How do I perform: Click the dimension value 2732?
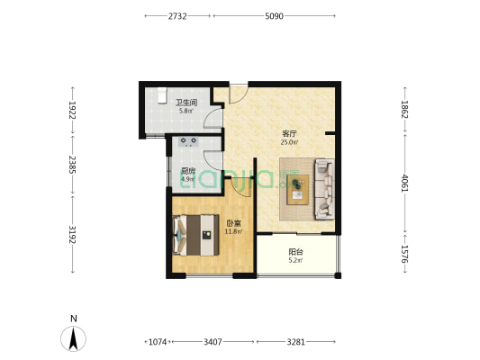177,16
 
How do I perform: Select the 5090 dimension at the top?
274,16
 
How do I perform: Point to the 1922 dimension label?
72,110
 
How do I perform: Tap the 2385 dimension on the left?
72,165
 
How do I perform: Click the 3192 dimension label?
72,234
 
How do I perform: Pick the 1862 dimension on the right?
404,109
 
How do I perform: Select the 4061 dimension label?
404,184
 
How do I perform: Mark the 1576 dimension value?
404,254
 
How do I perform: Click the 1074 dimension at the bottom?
158,342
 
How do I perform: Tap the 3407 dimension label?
213,342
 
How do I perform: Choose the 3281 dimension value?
295,342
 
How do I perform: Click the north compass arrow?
73,338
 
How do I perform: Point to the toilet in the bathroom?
162,95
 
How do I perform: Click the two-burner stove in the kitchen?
188,141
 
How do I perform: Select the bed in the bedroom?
195,235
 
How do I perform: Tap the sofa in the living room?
324,189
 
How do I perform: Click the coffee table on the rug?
297,190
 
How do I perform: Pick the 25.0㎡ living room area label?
290,142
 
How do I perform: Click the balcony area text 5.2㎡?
295,261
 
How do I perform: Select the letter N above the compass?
74,319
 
